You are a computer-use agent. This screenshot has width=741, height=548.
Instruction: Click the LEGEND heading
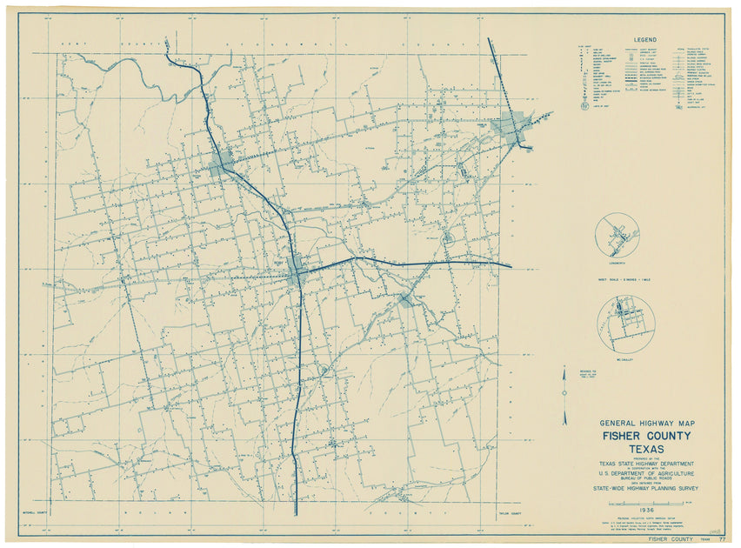(645, 40)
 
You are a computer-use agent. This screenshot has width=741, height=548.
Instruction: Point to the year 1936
(644, 510)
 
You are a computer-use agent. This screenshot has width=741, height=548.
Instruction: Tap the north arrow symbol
(564, 396)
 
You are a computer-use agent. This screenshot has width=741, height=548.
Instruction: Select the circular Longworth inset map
(618, 236)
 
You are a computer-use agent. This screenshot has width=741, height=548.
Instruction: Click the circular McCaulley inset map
(626, 322)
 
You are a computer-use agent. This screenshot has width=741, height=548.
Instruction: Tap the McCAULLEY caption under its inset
(626, 358)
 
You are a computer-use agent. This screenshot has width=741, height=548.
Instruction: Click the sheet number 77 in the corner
(722, 539)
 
